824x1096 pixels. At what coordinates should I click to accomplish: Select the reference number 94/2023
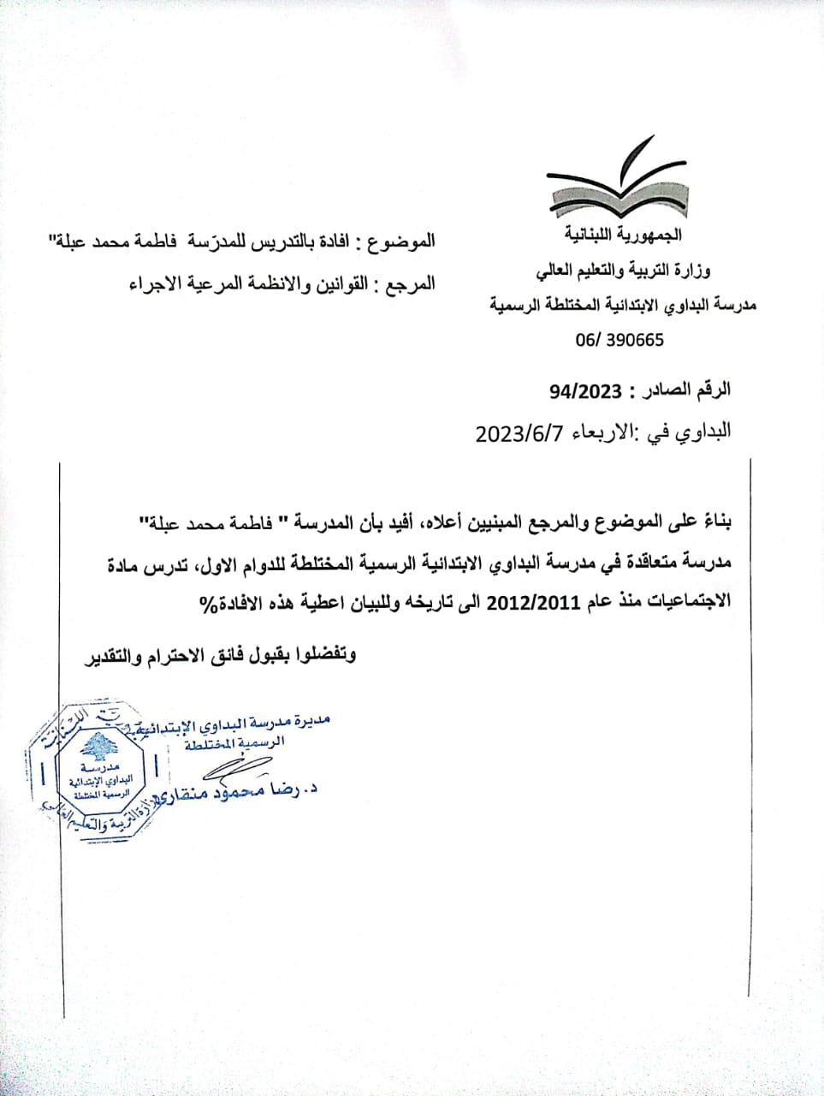[585, 391]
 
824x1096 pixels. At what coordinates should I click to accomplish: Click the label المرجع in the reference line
[410, 283]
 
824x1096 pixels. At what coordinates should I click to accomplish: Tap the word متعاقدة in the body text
[655, 563]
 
